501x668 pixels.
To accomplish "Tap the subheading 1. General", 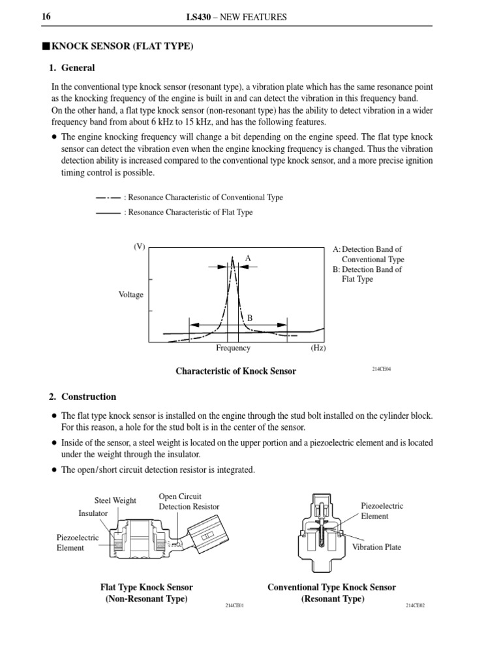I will [x=72, y=68].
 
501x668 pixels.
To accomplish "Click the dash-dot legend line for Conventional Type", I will [x=108, y=197].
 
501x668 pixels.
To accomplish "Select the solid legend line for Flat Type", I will [x=108, y=212].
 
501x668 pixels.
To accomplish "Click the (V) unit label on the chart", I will [x=139, y=247].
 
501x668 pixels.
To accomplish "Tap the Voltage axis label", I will [x=130, y=295].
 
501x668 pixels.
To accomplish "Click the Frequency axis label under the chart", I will [x=233, y=348].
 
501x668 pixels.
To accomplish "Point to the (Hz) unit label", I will [x=318, y=348].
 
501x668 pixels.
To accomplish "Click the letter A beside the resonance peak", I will [x=248, y=259].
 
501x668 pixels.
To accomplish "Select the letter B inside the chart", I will [x=249, y=318].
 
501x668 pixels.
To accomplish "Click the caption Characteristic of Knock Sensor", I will [x=235, y=371].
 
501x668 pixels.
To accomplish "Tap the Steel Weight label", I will [x=115, y=500].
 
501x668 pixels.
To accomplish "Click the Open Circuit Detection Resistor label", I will [x=189, y=502].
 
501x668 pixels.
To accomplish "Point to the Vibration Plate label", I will [x=376, y=547].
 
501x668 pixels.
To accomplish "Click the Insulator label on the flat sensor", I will [x=93, y=513].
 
